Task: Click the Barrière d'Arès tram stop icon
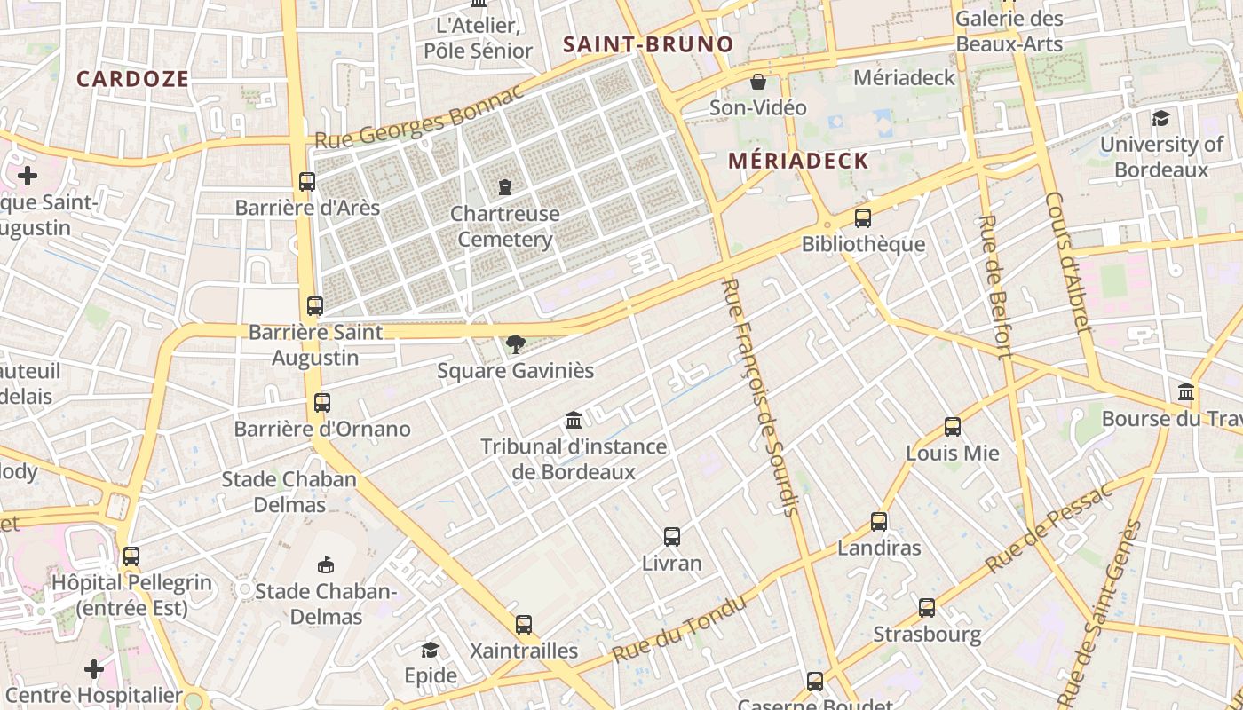pyautogui.click(x=307, y=182)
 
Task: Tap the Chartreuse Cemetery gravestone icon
pyautogui.click(x=504, y=187)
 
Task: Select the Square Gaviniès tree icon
pyautogui.click(x=515, y=343)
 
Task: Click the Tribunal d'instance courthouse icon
pyautogui.click(x=574, y=420)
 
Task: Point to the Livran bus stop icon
pyautogui.click(x=672, y=537)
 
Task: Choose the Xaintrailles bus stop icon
pyautogui.click(x=524, y=624)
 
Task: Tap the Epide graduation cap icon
pyautogui.click(x=431, y=650)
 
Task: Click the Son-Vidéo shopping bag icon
pyautogui.click(x=758, y=82)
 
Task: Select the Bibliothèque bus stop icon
pyautogui.click(x=862, y=218)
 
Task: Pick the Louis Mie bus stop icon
pyautogui.click(x=953, y=427)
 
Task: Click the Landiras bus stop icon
pyautogui.click(x=879, y=522)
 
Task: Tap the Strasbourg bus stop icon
pyautogui.click(x=927, y=608)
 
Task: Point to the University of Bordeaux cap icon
pyautogui.click(x=1160, y=118)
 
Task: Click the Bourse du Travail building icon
pyautogui.click(x=1186, y=391)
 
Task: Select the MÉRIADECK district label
pyautogui.click(x=797, y=161)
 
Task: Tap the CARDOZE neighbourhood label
pyautogui.click(x=132, y=79)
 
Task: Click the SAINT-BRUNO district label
pyautogui.click(x=648, y=44)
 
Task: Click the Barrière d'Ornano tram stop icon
pyautogui.click(x=322, y=403)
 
